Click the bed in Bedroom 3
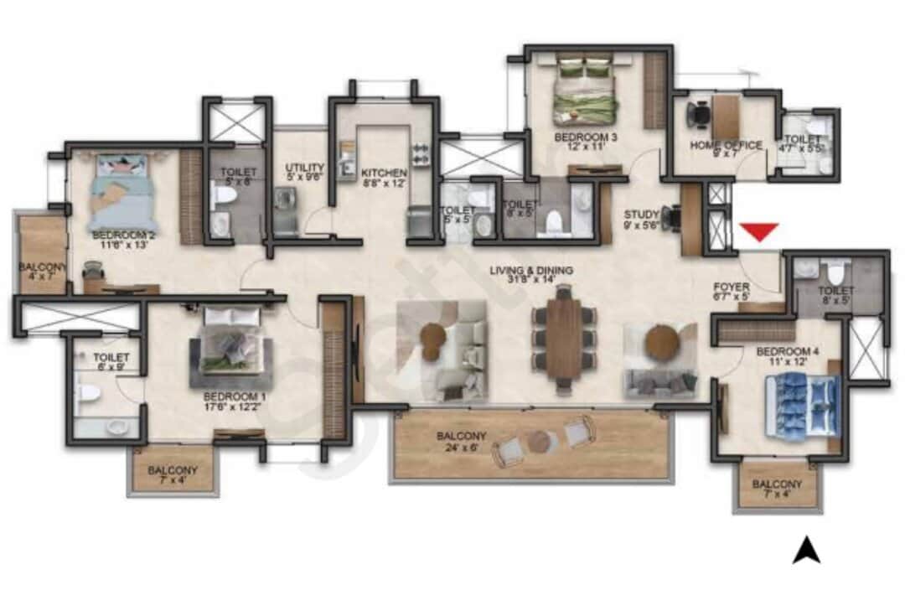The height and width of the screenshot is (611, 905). click(x=585, y=98)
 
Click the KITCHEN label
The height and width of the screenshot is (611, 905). click(x=384, y=173)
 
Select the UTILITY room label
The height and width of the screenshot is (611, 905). click(x=304, y=167)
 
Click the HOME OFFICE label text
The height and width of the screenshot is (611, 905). click(x=726, y=145)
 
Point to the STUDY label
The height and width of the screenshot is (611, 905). click(x=641, y=215)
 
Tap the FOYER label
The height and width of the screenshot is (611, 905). click(x=732, y=287)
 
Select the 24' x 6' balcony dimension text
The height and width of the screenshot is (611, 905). click(x=460, y=448)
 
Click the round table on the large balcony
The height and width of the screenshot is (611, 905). click(x=539, y=441)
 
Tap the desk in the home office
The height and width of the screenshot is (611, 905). click(x=726, y=115)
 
